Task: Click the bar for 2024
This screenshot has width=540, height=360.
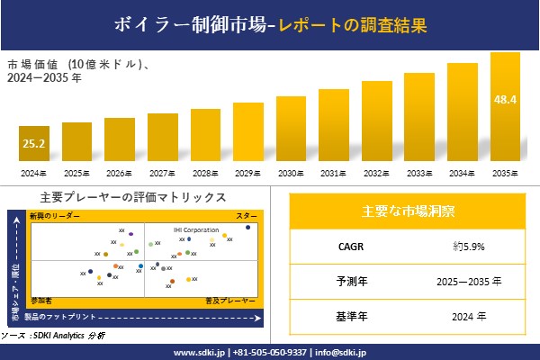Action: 33,144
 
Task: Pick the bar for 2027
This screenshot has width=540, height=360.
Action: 162,137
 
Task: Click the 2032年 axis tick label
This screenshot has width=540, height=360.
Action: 376,173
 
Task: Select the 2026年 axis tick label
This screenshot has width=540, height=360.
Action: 119,173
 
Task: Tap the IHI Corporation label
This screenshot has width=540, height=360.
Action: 196,229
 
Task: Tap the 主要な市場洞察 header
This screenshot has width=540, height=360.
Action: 408,211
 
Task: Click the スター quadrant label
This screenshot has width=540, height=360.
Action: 246,216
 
